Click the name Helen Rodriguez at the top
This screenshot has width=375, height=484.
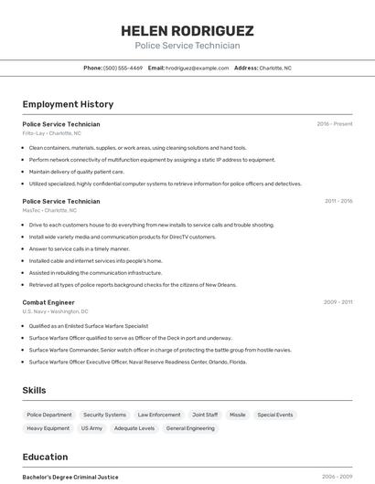click(x=187, y=30)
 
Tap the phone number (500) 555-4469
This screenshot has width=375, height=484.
click(x=123, y=68)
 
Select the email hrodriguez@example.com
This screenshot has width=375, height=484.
click(x=197, y=68)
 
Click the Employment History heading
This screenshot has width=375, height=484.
click(x=68, y=104)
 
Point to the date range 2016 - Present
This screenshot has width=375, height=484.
click(x=335, y=123)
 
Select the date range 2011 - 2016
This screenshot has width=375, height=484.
click(x=338, y=201)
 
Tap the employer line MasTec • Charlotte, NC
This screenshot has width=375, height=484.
click(x=49, y=210)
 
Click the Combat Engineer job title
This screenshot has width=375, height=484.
click(x=48, y=301)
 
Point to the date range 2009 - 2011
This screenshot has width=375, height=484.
click(x=338, y=301)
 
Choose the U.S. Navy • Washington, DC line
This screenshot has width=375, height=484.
click(x=55, y=311)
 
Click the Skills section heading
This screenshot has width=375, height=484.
click(x=34, y=390)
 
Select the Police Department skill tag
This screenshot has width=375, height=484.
click(x=49, y=415)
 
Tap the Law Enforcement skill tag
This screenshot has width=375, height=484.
click(x=159, y=415)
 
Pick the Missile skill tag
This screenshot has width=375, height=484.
click(x=238, y=415)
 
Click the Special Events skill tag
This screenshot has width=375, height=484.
click(x=275, y=415)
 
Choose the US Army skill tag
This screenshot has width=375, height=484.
click(x=91, y=427)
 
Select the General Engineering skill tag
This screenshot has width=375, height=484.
click(x=190, y=427)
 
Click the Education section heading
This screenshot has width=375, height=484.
click(x=45, y=457)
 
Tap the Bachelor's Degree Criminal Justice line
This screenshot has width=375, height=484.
click(x=70, y=477)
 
